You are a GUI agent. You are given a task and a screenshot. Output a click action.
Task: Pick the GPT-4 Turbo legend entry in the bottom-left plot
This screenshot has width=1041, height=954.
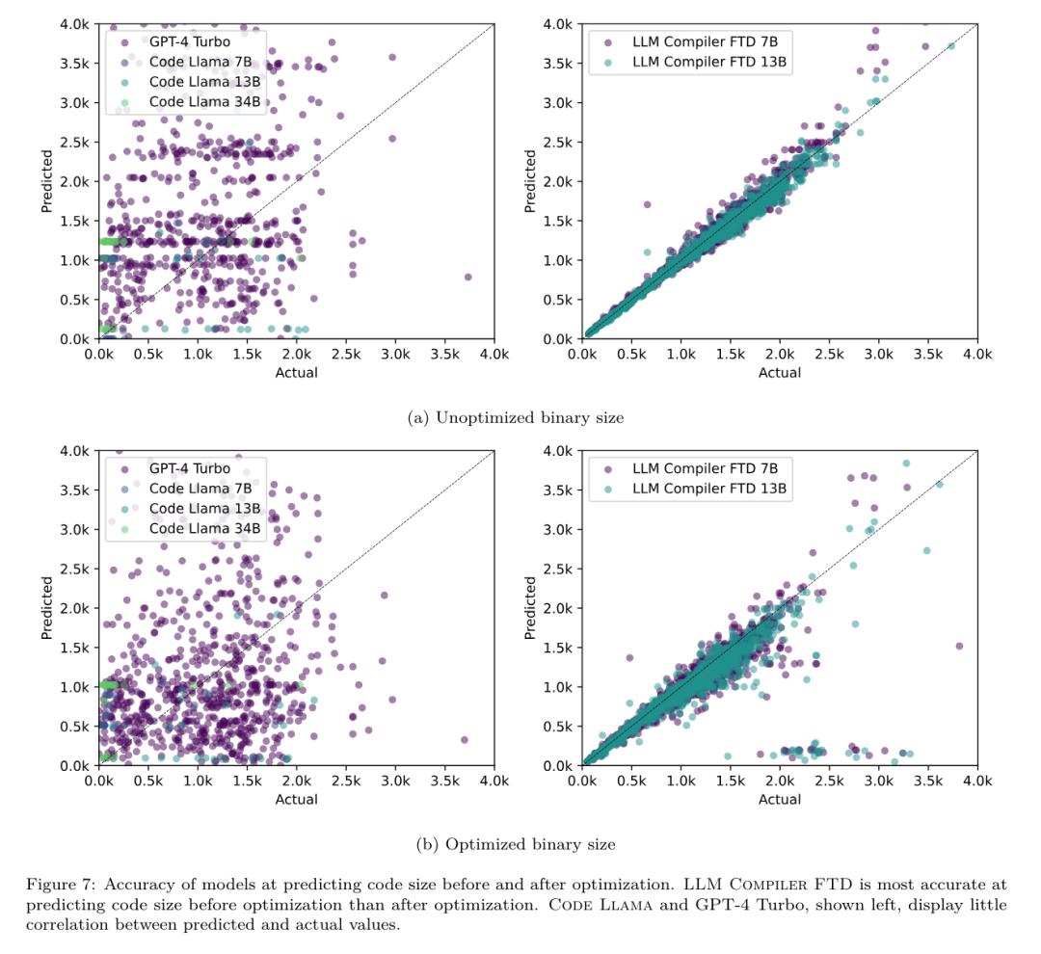point(189,468)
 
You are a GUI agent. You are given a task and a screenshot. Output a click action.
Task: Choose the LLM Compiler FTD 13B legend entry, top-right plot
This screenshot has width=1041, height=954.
point(710,62)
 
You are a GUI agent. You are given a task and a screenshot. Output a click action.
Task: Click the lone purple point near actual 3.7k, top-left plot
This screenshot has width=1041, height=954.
point(467,277)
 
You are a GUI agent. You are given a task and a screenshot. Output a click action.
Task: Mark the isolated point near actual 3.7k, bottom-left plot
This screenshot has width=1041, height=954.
point(464,740)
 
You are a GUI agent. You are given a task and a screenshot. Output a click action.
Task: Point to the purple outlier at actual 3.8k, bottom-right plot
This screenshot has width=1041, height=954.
point(959,646)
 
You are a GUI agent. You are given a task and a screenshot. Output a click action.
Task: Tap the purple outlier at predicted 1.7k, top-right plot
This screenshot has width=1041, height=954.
point(647,204)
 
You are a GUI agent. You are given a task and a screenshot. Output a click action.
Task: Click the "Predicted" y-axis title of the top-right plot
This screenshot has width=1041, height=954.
point(530,180)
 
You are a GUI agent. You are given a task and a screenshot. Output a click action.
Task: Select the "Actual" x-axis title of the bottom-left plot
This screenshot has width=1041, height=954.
point(297,799)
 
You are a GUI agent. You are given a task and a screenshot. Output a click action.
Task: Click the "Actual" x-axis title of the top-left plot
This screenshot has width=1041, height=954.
point(297,373)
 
